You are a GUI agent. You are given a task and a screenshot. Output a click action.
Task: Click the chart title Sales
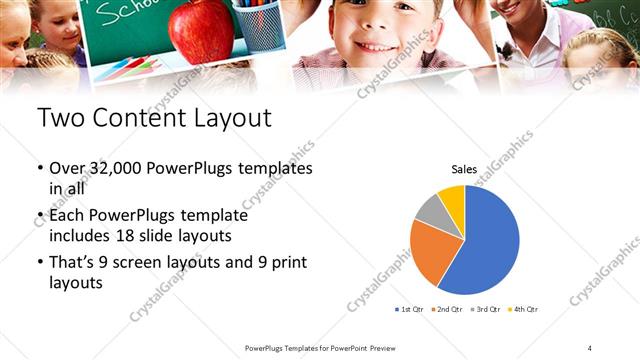tap(464, 170)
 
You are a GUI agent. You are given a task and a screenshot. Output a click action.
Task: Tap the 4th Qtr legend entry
tap(523, 309)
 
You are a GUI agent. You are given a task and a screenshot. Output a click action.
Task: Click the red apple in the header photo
tap(201, 31)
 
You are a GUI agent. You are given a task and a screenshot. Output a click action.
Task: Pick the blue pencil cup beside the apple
tap(258, 24)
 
